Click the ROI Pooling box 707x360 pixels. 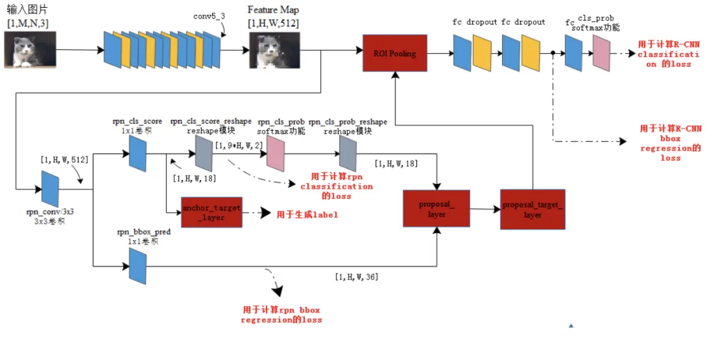click(394, 53)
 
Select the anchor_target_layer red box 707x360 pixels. click(211, 213)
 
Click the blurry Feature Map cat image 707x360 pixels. click(274, 51)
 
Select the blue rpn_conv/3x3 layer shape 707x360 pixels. click(50, 187)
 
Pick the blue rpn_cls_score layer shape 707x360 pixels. click(137, 153)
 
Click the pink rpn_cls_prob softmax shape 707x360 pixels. click(275, 154)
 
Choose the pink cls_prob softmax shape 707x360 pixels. click(601, 53)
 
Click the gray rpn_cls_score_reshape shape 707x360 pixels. click(204, 154)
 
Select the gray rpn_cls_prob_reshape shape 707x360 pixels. click(347, 154)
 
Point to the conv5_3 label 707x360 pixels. click(209, 15)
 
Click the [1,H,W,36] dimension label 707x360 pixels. click(356, 277)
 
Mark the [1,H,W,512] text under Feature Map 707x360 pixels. click(274, 24)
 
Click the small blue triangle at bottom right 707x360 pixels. click(571, 325)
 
